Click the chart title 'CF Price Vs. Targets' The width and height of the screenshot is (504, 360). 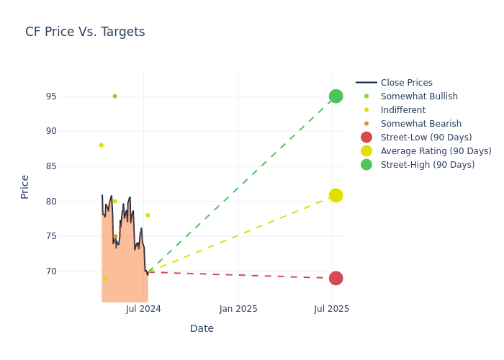85,32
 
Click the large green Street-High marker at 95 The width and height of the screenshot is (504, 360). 336,96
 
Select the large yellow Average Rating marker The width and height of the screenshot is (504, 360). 336,195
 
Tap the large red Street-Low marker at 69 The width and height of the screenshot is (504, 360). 336,278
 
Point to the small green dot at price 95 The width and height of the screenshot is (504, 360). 114,96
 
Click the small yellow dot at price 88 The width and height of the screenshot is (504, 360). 101,145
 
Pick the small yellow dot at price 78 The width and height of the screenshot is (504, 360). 148,215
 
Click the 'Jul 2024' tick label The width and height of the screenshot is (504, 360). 143,309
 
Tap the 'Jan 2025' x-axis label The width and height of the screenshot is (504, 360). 238,309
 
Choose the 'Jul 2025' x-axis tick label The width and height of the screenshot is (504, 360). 332,309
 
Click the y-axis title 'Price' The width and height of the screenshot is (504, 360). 25,186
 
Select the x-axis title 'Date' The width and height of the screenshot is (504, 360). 202,328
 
